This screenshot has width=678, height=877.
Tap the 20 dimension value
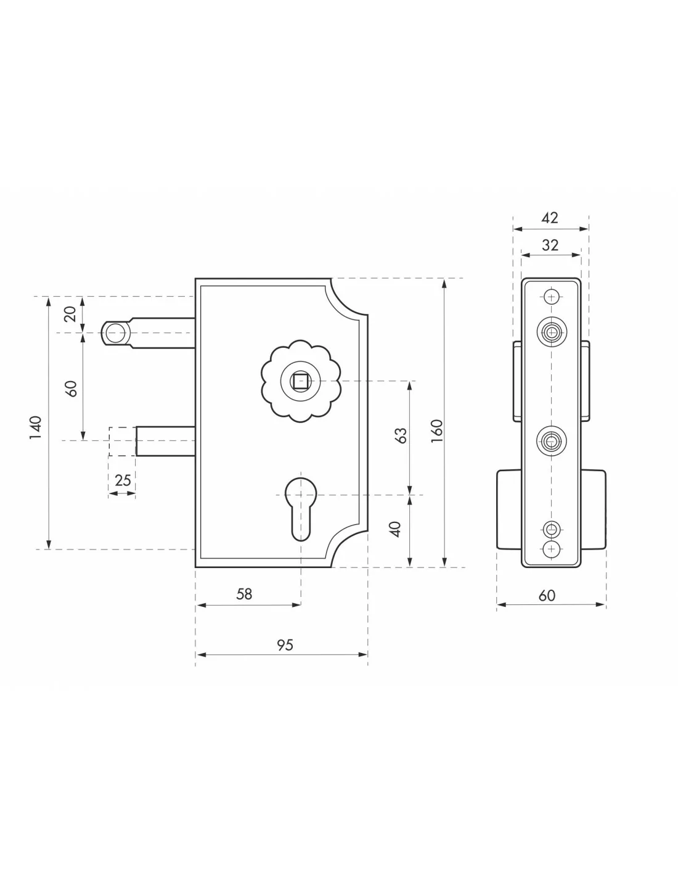70,314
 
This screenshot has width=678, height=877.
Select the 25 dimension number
123,480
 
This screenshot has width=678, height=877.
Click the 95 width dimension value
285,645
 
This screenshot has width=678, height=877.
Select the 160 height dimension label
437,431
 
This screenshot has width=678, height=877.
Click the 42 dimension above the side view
550,218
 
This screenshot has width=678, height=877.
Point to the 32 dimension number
550,245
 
